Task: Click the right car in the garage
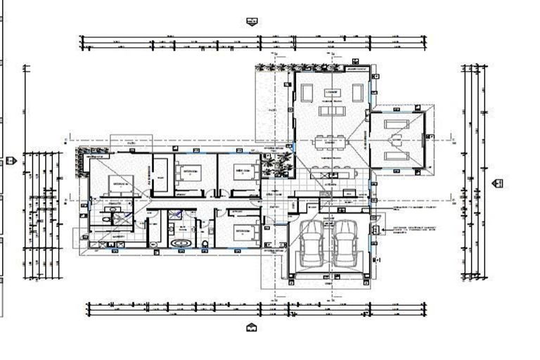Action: pos(345,243)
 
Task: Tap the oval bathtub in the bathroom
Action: pos(181,243)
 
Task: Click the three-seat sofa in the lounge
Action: pos(331,110)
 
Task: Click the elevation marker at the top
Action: pos(252,22)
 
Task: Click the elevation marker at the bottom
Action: pos(251,328)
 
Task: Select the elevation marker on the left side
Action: pos(11,160)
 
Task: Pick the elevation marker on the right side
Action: pos(497,183)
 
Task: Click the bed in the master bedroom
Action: pos(120,185)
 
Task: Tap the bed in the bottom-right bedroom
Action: pos(244,232)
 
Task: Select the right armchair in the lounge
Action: pos(357,92)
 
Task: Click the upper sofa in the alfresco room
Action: pos(397,124)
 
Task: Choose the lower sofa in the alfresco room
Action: pos(397,156)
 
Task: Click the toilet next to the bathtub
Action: pos(205,244)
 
